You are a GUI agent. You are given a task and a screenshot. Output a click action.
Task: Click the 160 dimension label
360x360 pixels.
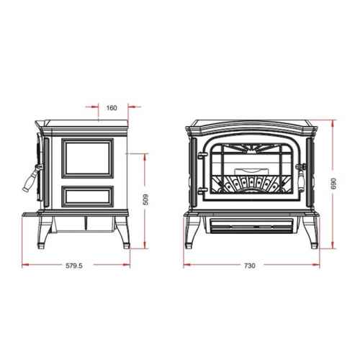pos(112,108)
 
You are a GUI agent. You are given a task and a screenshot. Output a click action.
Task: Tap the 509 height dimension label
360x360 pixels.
pos(145,199)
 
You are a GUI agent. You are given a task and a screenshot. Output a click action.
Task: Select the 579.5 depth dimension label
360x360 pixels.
pos(74,266)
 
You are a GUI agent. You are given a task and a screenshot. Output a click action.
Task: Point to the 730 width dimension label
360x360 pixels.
pos(250,266)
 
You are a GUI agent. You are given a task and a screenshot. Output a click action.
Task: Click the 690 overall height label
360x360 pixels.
pos(334,184)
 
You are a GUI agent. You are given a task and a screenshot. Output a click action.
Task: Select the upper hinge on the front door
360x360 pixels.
pos(201,156)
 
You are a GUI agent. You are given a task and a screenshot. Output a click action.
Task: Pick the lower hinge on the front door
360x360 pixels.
pos(202,190)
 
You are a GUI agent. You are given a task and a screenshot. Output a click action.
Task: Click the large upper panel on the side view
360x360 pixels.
pos(87,158)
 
